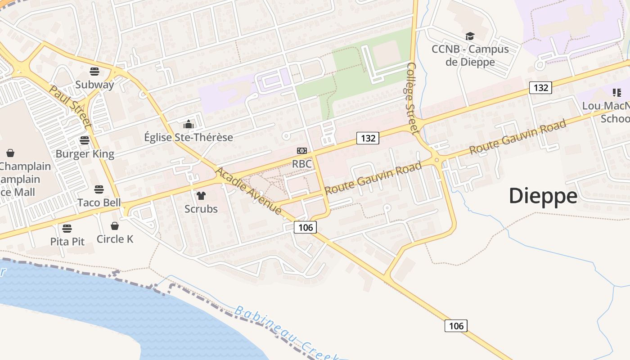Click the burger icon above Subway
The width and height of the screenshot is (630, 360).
94,71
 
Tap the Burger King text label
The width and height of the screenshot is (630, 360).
85,154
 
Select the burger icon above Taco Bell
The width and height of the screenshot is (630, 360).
99,189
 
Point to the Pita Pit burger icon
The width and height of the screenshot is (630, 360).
67,228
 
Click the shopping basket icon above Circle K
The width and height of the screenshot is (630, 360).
115,225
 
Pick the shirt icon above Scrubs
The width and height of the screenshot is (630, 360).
201,195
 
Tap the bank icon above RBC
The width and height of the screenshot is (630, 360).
301,150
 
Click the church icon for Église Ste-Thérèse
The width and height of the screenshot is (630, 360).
189,124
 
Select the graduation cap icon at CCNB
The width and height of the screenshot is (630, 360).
470,36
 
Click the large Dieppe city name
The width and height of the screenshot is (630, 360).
543,196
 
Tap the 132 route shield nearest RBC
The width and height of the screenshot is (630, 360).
368,138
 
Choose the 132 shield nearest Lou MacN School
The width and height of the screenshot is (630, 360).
540,87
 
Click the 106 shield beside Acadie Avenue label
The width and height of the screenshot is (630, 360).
306,227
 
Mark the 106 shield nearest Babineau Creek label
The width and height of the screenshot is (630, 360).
456,326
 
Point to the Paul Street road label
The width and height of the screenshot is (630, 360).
70,106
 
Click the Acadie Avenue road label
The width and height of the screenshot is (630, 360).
248,191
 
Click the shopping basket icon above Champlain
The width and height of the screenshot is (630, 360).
10,153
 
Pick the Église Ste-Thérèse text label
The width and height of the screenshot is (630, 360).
189,137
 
